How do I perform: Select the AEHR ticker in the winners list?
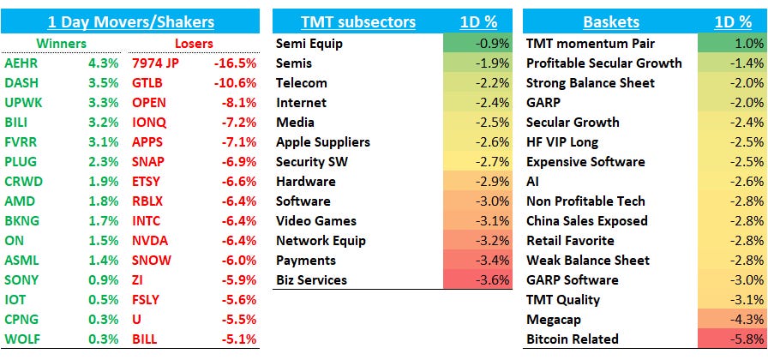(x=21, y=63)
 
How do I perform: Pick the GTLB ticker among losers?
(x=149, y=82)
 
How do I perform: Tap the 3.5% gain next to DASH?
(x=102, y=82)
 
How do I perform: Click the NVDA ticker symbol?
(x=150, y=240)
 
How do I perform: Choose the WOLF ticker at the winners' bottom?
(x=21, y=339)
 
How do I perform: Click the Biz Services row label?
(x=311, y=279)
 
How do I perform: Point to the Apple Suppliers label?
(x=323, y=141)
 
